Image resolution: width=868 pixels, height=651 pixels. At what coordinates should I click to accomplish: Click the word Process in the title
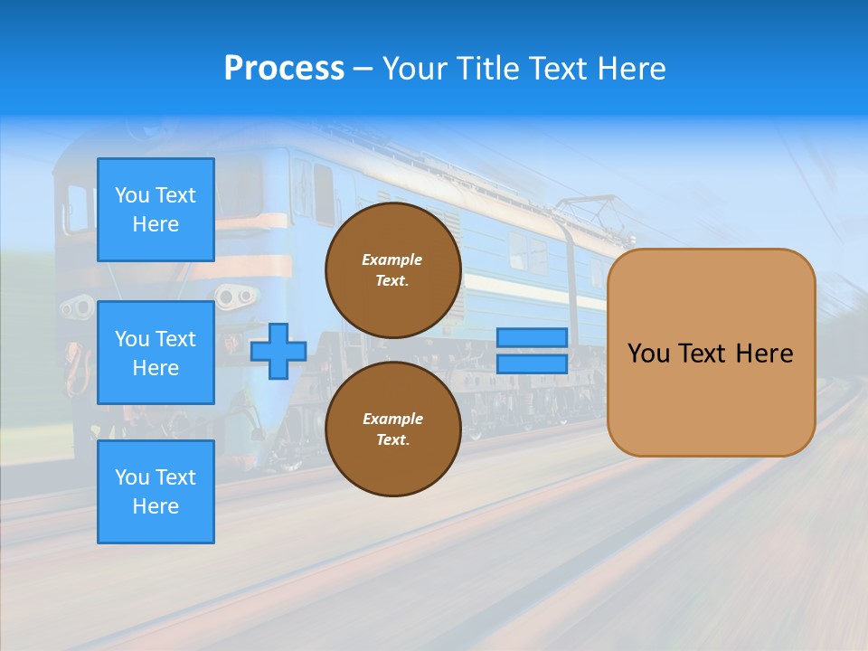coord(284,69)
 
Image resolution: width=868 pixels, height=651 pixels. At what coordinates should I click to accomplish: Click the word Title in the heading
coord(489,69)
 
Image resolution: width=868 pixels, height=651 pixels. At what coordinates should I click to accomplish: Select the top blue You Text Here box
coord(156,210)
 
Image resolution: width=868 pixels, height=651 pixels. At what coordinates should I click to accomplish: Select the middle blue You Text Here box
coord(156,353)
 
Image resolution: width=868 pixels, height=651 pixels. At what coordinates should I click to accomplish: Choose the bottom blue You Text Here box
coord(156,492)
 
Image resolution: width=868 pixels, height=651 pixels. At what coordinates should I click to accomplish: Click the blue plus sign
coord(278,351)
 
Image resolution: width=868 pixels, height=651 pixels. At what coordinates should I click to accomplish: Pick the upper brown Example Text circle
coord(392,269)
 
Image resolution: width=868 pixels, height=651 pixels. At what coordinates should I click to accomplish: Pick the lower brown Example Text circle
coord(392,429)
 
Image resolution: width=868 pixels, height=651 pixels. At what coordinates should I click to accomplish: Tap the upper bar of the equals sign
coord(532,338)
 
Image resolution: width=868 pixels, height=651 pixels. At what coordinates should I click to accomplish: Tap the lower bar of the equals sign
coord(532,364)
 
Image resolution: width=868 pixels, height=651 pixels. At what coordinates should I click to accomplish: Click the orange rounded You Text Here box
coord(711,353)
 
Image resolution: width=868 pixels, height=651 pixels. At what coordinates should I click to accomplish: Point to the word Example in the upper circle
coord(392,259)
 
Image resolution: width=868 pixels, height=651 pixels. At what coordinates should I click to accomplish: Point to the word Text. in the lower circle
coord(392,440)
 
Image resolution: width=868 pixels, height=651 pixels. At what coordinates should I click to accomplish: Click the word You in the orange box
coord(647,354)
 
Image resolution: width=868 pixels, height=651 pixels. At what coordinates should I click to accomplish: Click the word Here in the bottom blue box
coord(156,506)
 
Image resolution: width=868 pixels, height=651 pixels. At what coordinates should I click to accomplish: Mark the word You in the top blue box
coord(132,195)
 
